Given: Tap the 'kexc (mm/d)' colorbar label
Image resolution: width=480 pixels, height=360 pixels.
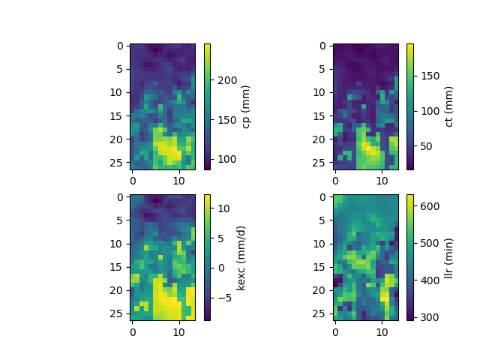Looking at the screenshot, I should [241, 257].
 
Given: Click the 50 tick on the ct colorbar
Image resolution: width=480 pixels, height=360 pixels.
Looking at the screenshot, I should [425, 147].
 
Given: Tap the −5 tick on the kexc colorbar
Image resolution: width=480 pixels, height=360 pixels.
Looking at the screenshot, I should [224, 297].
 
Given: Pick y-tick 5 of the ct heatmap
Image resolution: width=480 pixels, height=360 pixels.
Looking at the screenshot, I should [323, 69].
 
